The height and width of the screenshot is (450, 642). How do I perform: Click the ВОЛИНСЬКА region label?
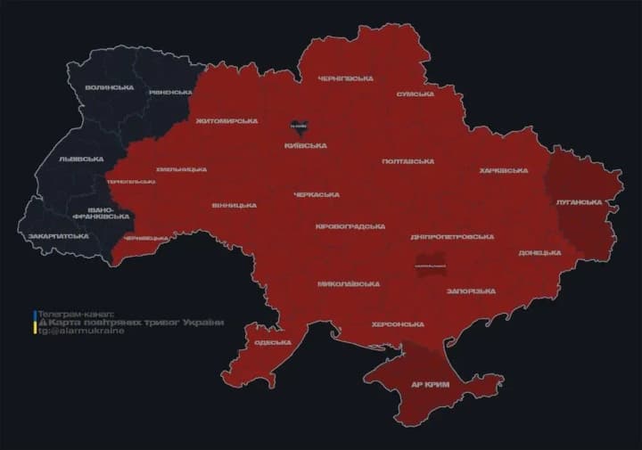click(x=110, y=87)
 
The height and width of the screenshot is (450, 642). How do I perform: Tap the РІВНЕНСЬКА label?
click(x=170, y=93)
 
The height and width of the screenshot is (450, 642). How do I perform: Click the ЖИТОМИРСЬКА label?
click(x=226, y=120)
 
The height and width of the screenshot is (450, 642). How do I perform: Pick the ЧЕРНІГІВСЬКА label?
click(x=345, y=79)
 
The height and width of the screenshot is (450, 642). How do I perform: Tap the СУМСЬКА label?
click(x=415, y=94)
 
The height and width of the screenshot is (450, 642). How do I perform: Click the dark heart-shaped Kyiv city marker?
click(x=299, y=127)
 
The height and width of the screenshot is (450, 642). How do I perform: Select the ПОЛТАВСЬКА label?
click(x=407, y=161)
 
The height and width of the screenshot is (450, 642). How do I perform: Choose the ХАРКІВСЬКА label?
click(x=505, y=170)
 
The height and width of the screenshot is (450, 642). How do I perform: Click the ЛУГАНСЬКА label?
click(x=579, y=202)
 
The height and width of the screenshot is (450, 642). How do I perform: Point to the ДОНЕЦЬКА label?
click(x=539, y=253)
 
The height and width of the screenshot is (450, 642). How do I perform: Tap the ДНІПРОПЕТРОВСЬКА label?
click(x=452, y=237)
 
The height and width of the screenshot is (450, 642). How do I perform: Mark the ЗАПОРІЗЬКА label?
click(x=470, y=291)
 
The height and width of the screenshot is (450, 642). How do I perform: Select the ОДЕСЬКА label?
click(x=272, y=343)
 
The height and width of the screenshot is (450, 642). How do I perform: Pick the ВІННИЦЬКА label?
click(x=235, y=206)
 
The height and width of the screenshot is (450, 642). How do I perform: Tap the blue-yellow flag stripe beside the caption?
click(x=35, y=322)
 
